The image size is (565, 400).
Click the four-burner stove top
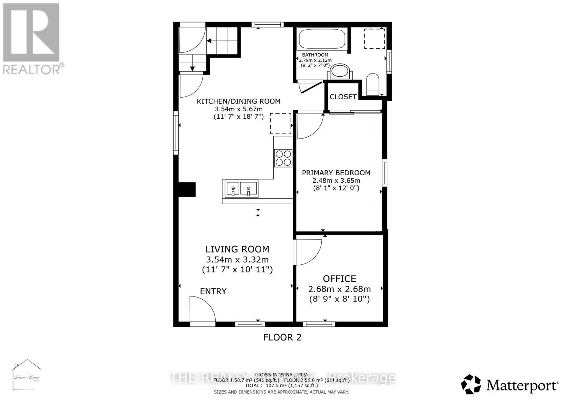283,158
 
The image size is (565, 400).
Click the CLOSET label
343,97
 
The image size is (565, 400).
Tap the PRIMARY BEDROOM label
336,173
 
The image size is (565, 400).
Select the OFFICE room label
339,279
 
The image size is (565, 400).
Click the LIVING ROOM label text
237,249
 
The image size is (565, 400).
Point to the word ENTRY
213,291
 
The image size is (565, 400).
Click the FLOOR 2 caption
282,337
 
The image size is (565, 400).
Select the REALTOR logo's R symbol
31,32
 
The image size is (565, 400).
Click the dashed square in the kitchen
281,123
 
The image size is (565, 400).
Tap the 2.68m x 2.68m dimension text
339,289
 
